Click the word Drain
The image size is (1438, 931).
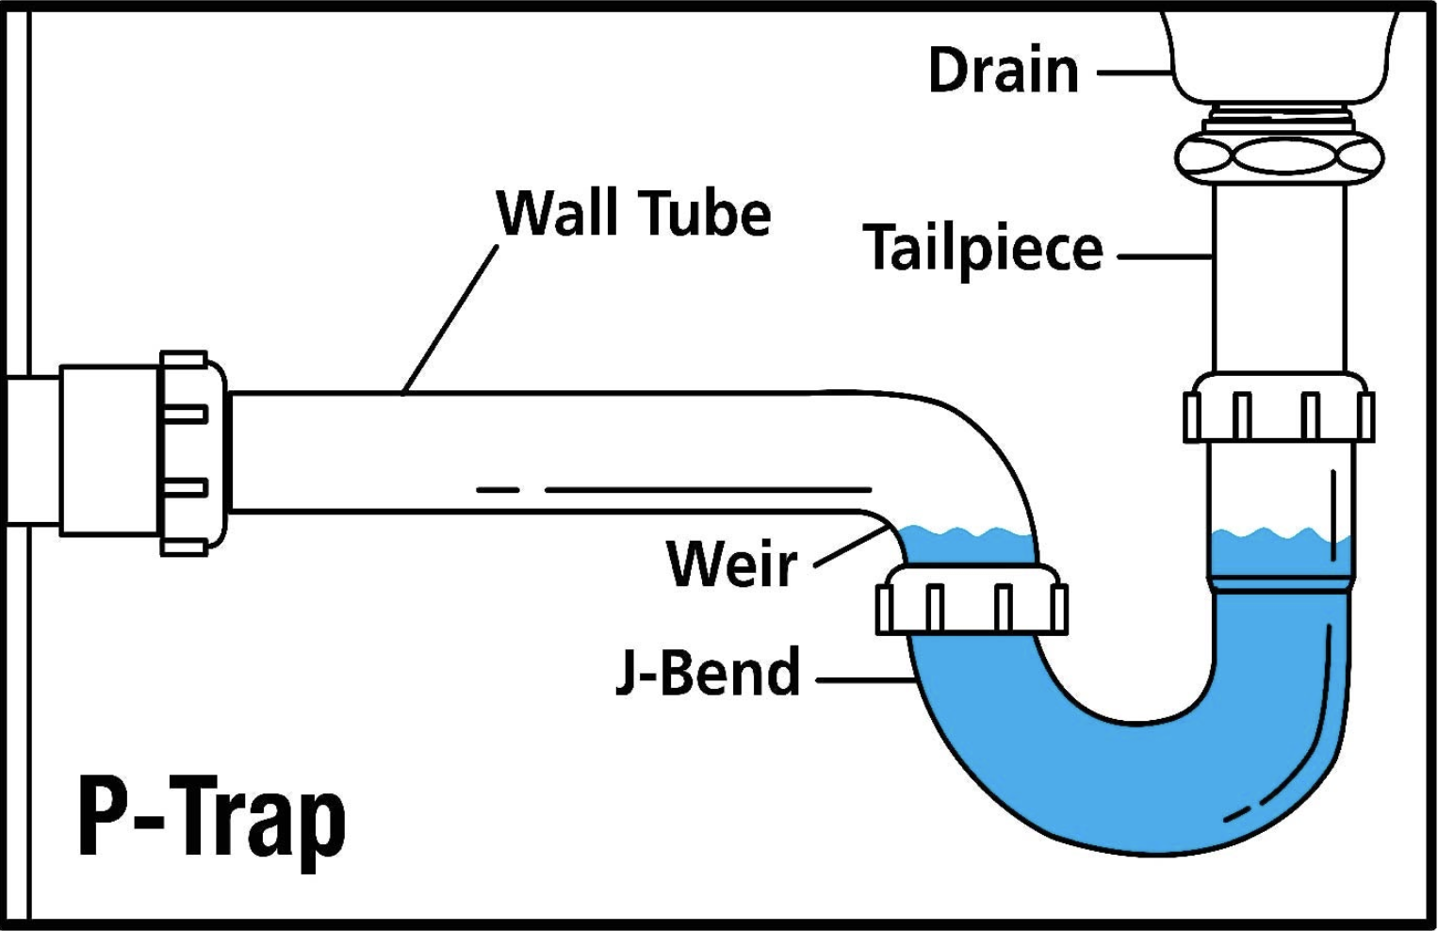pyautogui.click(x=1003, y=71)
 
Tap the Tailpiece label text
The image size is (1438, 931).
pyautogui.click(x=982, y=248)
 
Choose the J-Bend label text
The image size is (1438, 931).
pyautogui.click(x=708, y=672)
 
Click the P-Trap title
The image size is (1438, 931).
pyautogui.click(x=212, y=818)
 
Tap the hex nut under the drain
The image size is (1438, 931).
pyautogui.click(x=1280, y=155)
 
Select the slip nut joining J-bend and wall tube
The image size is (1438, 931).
pyautogui.click(x=972, y=600)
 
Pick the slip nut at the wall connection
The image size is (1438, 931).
pyautogui.click(x=193, y=452)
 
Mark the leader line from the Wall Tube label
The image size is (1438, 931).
pyautogui.click(x=450, y=318)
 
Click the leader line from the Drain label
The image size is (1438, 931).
pyautogui.click(x=1133, y=72)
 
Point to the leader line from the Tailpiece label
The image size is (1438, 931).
pyautogui.click(x=1165, y=255)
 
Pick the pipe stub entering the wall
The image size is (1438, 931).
pyautogui.click(x=34, y=450)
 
